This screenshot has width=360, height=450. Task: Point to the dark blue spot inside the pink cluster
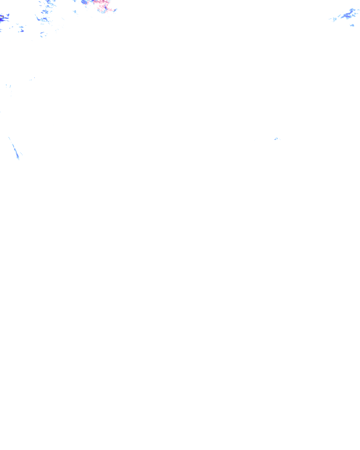[x=106, y=7]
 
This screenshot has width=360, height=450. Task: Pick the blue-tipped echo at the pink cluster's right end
[x=115, y=10]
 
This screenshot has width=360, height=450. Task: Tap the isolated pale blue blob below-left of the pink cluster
[x=75, y=12]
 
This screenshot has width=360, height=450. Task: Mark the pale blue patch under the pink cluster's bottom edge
[x=103, y=12]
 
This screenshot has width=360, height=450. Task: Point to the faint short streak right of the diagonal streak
[x=21, y=154]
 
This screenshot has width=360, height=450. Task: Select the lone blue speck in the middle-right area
[x=276, y=139]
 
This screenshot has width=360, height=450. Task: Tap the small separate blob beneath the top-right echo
[x=352, y=25]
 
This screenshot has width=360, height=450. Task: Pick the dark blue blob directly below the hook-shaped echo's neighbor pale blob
[x=21, y=31]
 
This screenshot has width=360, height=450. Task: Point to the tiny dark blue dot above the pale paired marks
[x=34, y=78]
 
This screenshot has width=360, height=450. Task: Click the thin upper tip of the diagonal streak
[x=9, y=138]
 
